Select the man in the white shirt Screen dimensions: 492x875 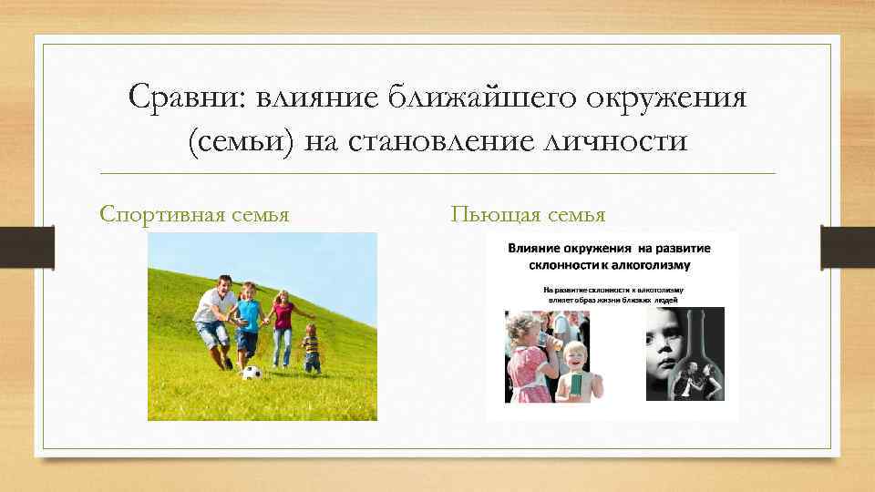click(x=215, y=319)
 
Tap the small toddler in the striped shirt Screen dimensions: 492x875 click(x=312, y=348)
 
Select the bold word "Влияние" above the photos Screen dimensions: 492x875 click(x=540, y=247)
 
